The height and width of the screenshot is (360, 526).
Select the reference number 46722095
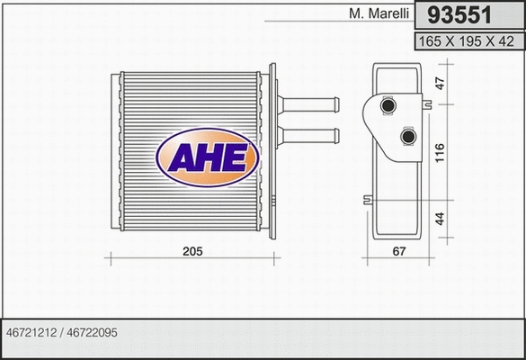click(x=93, y=332)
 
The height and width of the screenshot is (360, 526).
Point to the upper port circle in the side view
click(x=388, y=108)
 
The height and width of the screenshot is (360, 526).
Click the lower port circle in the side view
click(x=409, y=137)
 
